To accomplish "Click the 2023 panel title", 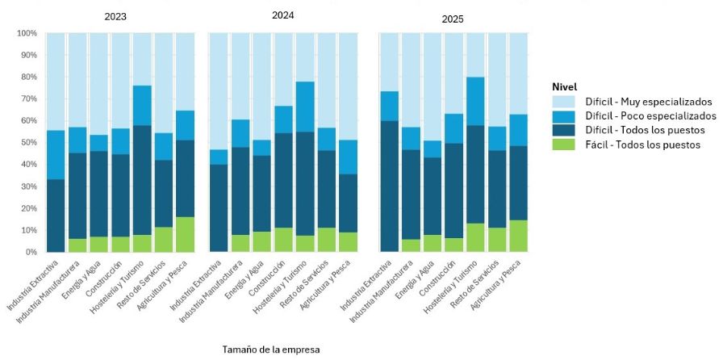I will pos(115,16).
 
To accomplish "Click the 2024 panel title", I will pos(282,15).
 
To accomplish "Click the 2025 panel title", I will pos(453,18).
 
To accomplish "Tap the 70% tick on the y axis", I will pos(27,98).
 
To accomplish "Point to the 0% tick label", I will pos(31,252).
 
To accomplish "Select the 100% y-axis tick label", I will pos(26,33).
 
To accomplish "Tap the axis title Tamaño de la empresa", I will pos(271,350).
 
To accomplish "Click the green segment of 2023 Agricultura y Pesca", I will pos(186,234).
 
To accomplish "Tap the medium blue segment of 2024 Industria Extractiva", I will pos(218,157).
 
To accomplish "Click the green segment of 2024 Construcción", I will pos(283,240).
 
